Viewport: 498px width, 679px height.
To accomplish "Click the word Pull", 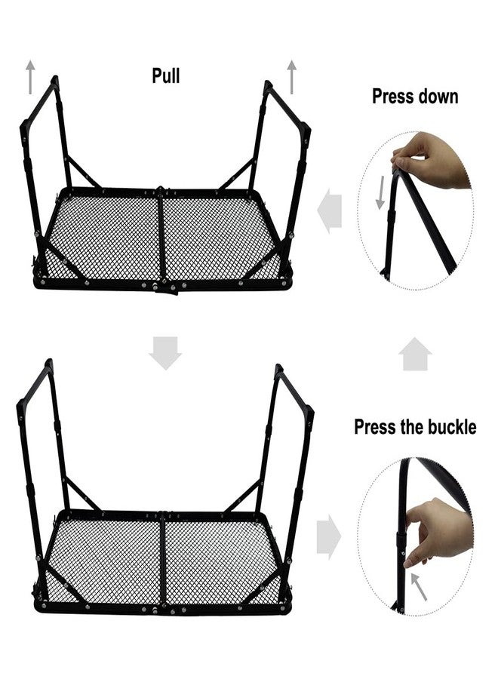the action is point(166,75).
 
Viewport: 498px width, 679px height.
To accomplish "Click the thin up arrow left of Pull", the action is point(30,77).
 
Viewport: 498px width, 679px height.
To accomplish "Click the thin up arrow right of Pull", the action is point(292,77).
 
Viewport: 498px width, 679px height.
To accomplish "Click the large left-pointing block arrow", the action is point(330,211).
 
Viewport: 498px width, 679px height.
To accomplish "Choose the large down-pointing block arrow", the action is point(165,353).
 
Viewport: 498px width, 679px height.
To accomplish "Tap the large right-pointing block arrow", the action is point(329,536).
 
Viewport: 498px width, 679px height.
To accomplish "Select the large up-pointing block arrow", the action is point(415,354).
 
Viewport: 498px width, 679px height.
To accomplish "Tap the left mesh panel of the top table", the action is point(104,238).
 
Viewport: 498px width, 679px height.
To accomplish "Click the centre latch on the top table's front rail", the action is point(167,288).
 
